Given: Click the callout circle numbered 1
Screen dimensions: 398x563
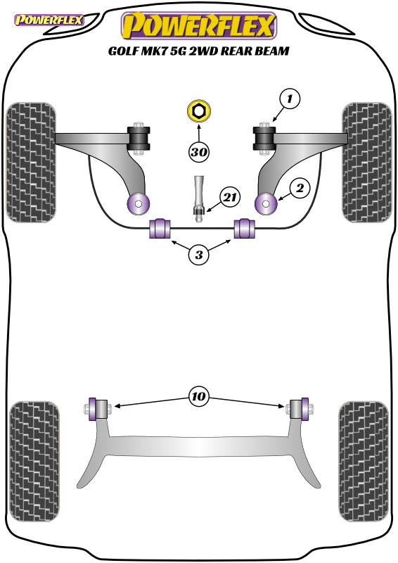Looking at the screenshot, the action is (290, 98).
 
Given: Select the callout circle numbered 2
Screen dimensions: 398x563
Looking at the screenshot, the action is (300, 187).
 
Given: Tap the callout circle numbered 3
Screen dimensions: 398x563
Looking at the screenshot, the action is (199, 255).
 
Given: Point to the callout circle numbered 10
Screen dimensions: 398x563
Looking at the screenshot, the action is (198, 396).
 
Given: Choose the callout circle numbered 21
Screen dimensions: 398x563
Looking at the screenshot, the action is (230, 197).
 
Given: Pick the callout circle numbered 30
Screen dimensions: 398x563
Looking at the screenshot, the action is (199, 152).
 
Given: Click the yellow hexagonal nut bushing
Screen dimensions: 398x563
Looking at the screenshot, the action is (199, 110).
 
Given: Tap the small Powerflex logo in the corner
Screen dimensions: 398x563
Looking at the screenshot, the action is (49, 20).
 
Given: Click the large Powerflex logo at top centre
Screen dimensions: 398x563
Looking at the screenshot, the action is (199, 25).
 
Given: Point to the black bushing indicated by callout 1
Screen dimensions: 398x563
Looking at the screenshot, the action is (264, 139).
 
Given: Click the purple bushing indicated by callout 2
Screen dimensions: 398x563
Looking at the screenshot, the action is (266, 203).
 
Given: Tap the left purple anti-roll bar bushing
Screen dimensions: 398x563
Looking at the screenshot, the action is (160, 228).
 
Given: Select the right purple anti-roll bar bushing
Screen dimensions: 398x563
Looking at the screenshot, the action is (245, 228).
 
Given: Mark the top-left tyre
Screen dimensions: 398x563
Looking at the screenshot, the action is (31, 163).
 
